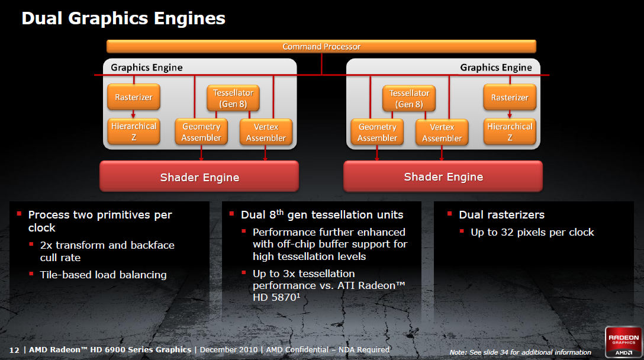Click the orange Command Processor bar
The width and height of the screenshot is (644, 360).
coord(321,47)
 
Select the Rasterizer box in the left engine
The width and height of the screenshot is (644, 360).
coord(134,97)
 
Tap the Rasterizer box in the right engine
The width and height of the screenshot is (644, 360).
coord(510,97)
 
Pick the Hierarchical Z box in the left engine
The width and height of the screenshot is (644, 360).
coord(134,131)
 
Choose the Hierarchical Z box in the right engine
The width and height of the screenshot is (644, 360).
coord(510,131)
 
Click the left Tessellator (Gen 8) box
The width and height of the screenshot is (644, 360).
coord(233,98)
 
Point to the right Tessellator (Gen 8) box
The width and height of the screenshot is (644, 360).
coord(410,98)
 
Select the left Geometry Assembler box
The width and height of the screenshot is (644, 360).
coord(201,132)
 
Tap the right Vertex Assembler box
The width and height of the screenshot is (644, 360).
coord(442,133)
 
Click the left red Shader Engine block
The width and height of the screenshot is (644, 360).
coord(199,177)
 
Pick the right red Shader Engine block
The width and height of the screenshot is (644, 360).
coord(443,176)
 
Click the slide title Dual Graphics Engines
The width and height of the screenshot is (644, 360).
coord(123,18)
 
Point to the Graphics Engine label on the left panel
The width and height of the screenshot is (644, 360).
coord(147,67)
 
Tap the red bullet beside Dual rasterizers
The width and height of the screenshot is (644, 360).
coord(450,213)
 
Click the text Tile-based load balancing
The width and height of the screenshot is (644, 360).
coord(103,274)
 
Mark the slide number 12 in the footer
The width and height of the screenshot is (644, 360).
coord(15,349)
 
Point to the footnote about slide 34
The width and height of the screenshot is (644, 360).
coord(520,352)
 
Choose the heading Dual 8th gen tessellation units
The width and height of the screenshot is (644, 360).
coord(322,214)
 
